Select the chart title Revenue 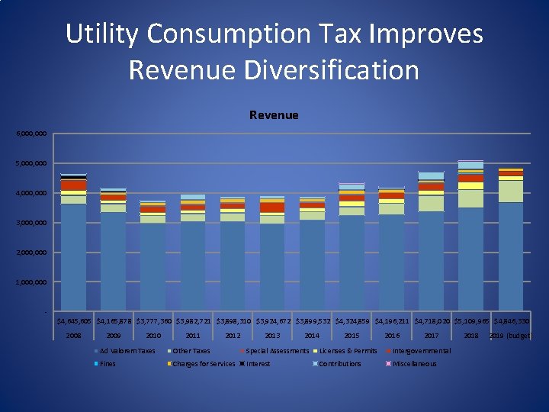274,115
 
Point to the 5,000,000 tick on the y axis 31,163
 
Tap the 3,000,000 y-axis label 31,223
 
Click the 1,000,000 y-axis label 31,282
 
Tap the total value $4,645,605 75,321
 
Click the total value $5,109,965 472,321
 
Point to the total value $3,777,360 154,321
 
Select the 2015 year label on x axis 352,336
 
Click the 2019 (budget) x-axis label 510,336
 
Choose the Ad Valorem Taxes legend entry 127,351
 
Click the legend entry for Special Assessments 278,351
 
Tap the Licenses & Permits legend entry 348,351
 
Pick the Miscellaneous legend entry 415,364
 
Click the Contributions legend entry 340,364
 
